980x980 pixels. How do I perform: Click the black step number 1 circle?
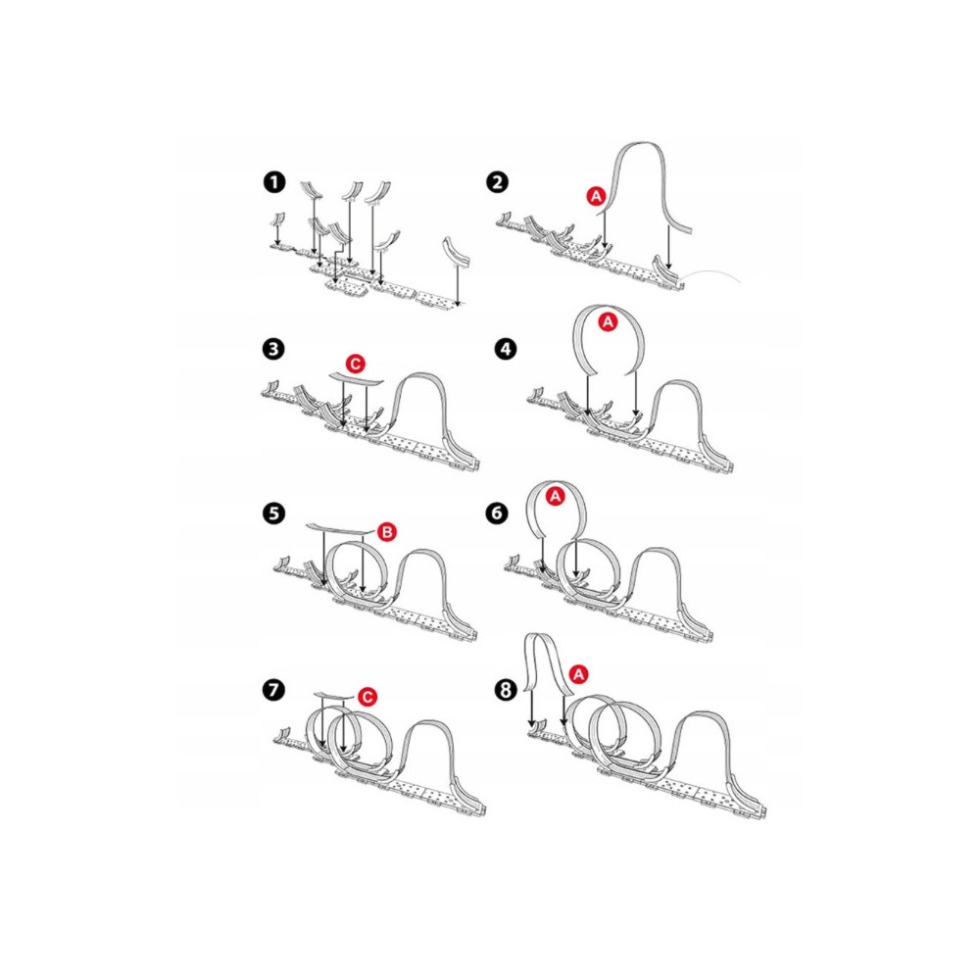[274, 182]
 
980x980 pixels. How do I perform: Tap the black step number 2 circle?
[497, 182]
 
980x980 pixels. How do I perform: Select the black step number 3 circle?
[274, 349]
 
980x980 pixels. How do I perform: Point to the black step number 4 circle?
[506, 349]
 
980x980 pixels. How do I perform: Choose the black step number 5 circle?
[274, 514]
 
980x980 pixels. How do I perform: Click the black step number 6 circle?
[497, 514]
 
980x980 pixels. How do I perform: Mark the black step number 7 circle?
[274, 690]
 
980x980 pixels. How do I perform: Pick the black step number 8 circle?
[506, 690]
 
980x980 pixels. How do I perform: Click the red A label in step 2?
[596, 196]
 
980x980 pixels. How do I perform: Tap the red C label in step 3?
[356, 364]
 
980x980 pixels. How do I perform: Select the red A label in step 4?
[608, 322]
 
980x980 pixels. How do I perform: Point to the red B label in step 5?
[387, 532]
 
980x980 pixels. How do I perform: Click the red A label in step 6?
[555, 497]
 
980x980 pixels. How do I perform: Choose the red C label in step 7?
[367, 697]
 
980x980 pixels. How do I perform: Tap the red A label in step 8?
[579, 674]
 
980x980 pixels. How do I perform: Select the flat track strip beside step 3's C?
[356, 380]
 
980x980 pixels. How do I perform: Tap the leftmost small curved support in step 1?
[277, 219]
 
